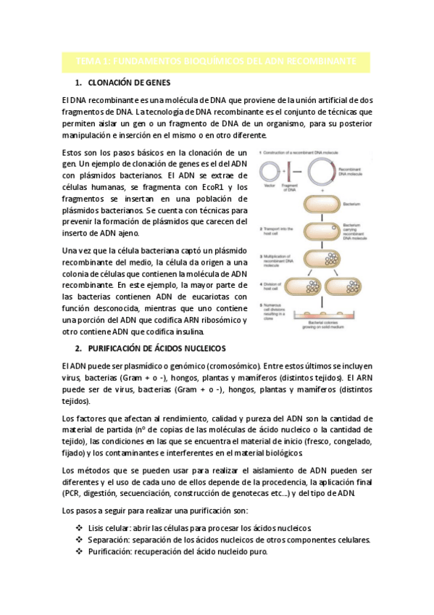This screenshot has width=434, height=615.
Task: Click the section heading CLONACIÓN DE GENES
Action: pos(132,83)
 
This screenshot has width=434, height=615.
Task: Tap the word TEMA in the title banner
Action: pos(91,62)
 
